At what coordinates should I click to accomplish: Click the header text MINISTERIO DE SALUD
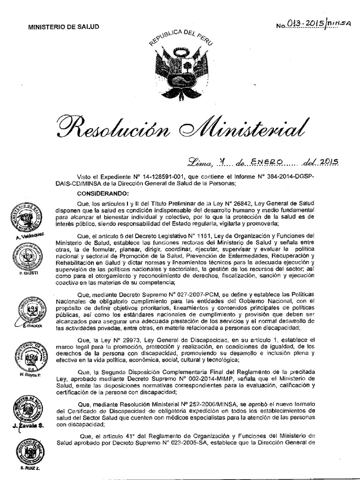(64, 27)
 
